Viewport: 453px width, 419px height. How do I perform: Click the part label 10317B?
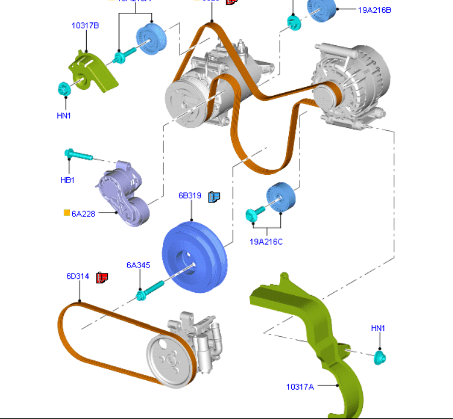[x=85, y=26]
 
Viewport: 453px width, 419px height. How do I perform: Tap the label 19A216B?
[x=374, y=10]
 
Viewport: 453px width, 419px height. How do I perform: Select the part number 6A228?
[x=83, y=214]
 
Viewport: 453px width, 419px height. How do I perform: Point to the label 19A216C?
[x=266, y=241]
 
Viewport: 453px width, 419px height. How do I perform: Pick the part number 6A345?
[x=138, y=265]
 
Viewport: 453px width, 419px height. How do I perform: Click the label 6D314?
[x=77, y=276]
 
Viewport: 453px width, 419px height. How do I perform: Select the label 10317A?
[x=300, y=387]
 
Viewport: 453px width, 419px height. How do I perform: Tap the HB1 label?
[x=67, y=180]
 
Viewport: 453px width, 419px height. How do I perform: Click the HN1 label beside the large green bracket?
[x=378, y=328]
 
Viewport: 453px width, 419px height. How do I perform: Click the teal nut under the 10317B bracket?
[x=64, y=89]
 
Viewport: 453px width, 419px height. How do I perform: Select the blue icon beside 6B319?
[x=214, y=196]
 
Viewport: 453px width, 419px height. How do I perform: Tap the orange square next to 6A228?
[x=67, y=212]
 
